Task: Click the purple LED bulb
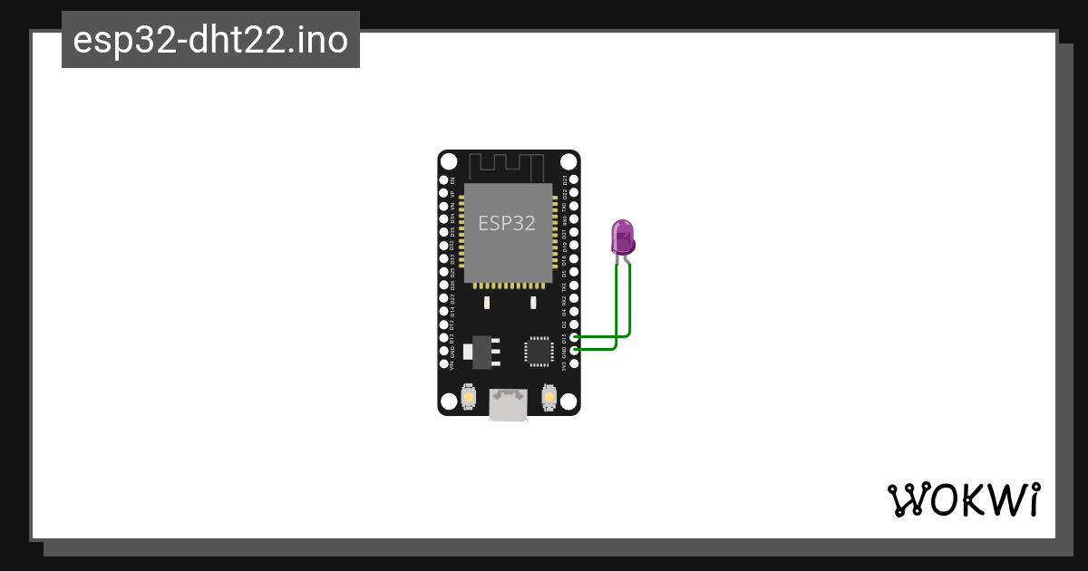click(x=623, y=237)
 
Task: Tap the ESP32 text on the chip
click(x=507, y=222)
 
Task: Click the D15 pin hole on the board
click(x=573, y=337)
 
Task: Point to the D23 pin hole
click(x=573, y=180)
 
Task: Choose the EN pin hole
click(x=444, y=180)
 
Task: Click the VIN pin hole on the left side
click(x=444, y=363)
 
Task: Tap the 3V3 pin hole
click(x=573, y=363)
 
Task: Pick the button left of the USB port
click(x=469, y=396)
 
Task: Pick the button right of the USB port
click(x=548, y=396)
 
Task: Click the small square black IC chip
click(x=539, y=351)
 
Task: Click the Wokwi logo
click(x=963, y=499)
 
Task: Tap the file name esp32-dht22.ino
click(x=210, y=40)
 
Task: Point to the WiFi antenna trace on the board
click(x=508, y=166)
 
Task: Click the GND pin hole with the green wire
click(x=573, y=350)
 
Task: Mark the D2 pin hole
click(x=573, y=324)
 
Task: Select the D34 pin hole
click(x=444, y=219)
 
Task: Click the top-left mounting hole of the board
click(x=450, y=161)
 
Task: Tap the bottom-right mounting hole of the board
click(x=568, y=402)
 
